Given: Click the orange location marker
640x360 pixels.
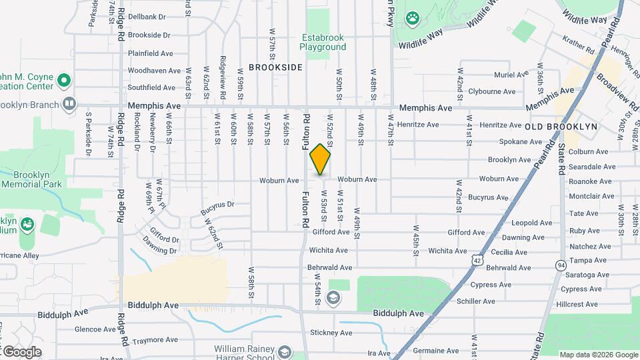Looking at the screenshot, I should [x=320, y=159].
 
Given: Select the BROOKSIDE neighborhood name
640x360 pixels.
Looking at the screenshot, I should [x=275, y=67].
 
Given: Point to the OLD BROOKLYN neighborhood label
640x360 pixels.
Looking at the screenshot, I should [x=561, y=127].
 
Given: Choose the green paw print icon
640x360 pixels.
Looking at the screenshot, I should [x=413, y=18].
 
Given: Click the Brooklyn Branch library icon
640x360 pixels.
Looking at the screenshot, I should [x=69, y=103].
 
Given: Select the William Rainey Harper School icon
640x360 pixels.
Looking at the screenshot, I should [x=285, y=351].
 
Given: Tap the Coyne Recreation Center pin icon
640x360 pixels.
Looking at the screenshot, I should [x=64, y=81].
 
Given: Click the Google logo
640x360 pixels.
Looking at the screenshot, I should [x=21, y=352].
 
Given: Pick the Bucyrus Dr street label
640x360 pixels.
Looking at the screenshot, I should [x=217, y=209].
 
